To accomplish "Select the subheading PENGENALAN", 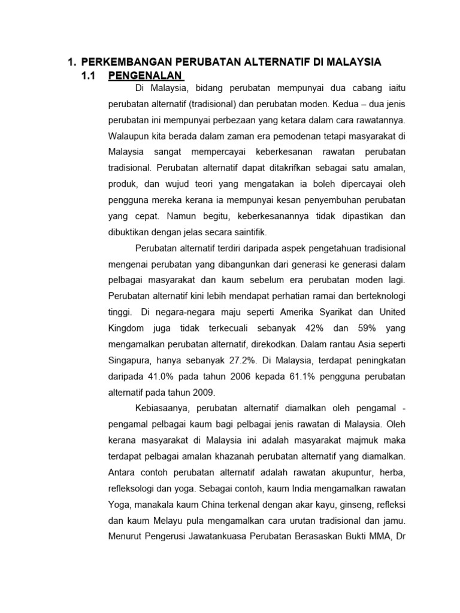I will (x=146, y=76).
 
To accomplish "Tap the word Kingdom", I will (x=127, y=328).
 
